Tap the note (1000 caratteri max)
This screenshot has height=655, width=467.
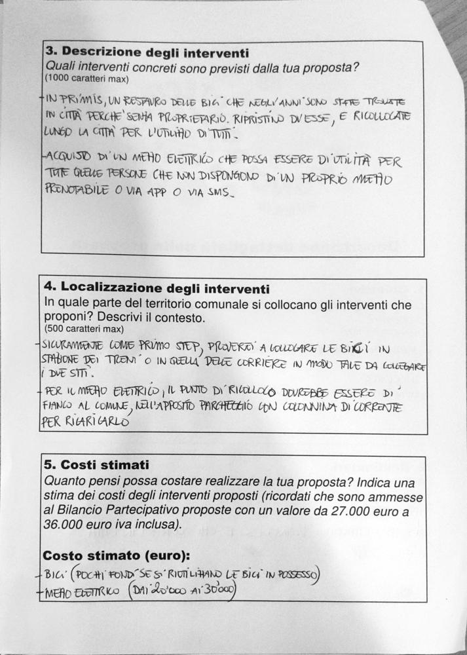87,79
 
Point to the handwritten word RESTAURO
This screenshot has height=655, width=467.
147,102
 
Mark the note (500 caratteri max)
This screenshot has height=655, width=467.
84,328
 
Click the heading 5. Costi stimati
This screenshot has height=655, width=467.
96,464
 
